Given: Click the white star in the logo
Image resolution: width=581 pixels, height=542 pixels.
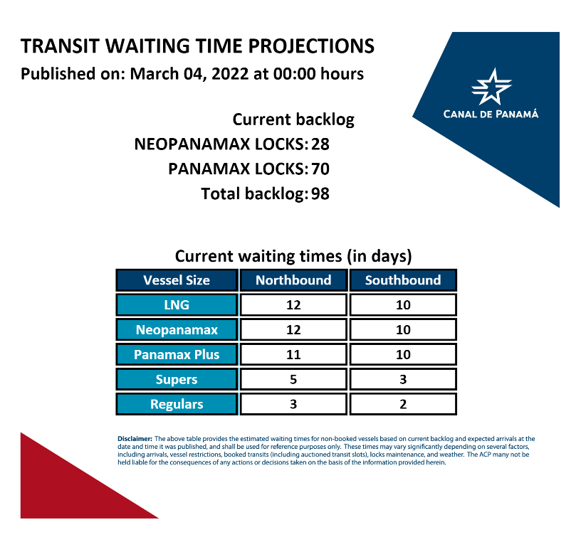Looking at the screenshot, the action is pyautogui.click(x=491, y=87).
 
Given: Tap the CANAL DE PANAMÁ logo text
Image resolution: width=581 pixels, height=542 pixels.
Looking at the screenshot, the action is pyautogui.click(x=491, y=114).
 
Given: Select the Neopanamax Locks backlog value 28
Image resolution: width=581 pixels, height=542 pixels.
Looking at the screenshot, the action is pyautogui.click(x=320, y=144).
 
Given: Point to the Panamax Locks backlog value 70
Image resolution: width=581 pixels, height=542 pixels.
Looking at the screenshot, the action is pyautogui.click(x=320, y=169).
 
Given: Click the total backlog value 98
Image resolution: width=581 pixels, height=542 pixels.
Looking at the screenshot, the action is pyautogui.click(x=320, y=193).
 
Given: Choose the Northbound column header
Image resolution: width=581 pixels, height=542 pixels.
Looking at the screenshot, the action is pyautogui.click(x=293, y=280).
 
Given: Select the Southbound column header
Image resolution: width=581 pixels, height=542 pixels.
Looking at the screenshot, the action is pyautogui.click(x=403, y=280).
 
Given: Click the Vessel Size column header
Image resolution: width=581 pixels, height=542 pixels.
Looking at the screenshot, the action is pyautogui.click(x=177, y=280).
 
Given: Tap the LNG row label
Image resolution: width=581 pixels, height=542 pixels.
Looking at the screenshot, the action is pyautogui.click(x=177, y=305).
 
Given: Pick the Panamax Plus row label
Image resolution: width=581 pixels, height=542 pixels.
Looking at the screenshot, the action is pyautogui.click(x=177, y=355).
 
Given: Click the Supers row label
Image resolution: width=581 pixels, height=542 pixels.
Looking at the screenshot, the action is pyautogui.click(x=177, y=380).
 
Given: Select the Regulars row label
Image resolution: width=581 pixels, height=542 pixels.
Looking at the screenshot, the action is pyautogui.click(x=177, y=404).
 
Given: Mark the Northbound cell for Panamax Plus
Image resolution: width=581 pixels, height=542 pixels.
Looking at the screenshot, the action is pyautogui.click(x=293, y=355).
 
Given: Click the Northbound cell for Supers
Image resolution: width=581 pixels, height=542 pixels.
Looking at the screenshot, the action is pyautogui.click(x=293, y=380).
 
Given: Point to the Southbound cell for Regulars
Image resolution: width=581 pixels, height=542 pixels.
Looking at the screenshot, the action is pyautogui.click(x=403, y=404).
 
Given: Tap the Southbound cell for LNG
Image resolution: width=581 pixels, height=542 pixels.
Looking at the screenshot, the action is pyautogui.click(x=403, y=305).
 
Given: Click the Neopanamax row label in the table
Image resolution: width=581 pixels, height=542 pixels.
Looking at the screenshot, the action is pyautogui.click(x=177, y=330).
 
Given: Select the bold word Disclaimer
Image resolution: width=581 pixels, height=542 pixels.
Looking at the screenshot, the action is pyautogui.click(x=135, y=439).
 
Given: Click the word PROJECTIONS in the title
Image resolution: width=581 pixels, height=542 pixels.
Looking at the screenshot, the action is pyautogui.click(x=311, y=46).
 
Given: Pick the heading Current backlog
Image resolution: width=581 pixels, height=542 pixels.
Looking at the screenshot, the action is pyautogui.click(x=293, y=120).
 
